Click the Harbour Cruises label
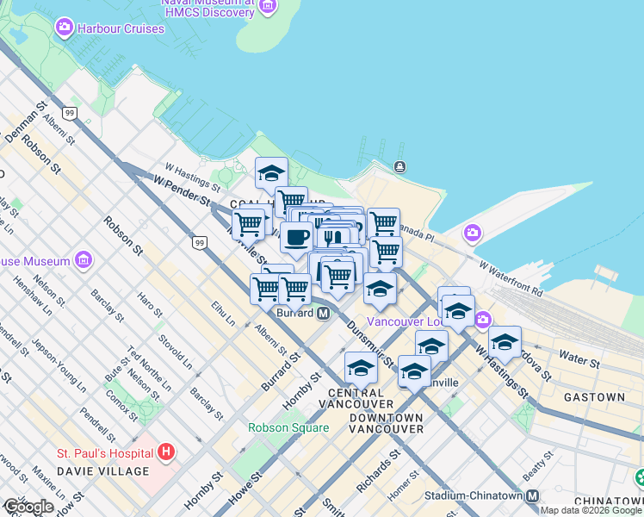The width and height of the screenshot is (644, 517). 120,28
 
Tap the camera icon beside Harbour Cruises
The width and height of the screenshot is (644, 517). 64,28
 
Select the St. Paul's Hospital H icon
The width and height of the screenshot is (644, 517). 166,452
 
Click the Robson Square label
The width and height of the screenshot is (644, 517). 288,427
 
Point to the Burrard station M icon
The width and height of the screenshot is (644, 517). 323,313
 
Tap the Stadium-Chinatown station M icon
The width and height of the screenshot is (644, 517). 533,495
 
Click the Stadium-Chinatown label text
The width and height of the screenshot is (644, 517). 474,495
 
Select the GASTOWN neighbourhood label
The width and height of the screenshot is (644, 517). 594,397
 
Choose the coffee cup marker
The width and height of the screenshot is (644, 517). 296,237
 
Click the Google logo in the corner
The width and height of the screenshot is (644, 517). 29,507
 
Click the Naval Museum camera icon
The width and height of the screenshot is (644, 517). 268,6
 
